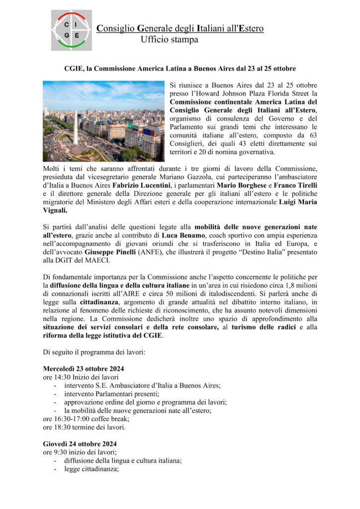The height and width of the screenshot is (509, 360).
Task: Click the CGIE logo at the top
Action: pos(71,30)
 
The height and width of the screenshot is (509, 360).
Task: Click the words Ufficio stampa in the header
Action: pos(169,39)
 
